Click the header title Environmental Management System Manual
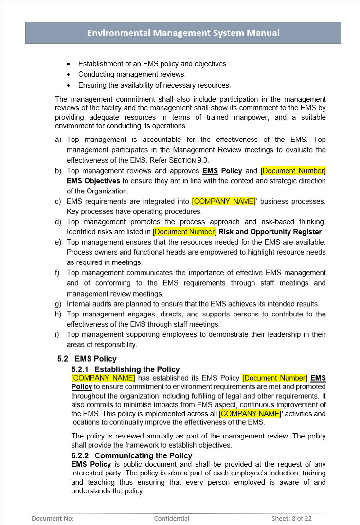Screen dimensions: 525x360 pyautogui.click(x=183, y=33)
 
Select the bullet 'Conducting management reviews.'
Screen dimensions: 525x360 pyautogui.click(x=132, y=74)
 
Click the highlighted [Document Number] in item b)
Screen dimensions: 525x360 pyautogui.click(x=293, y=171)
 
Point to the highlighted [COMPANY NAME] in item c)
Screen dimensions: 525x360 pyautogui.click(x=224, y=201)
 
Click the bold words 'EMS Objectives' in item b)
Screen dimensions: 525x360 pyautogui.click(x=93, y=181)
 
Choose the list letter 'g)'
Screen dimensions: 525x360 pyautogui.click(x=58, y=304)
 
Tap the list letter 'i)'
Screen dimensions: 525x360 pyautogui.click(x=57, y=334)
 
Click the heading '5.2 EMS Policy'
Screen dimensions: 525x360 pyautogui.click(x=87, y=359)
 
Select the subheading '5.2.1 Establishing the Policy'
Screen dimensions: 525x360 pyautogui.click(x=126, y=369)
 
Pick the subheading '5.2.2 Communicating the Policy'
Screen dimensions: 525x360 pyautogui.click(x=131, y=455)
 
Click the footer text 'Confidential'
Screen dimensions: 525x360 pyautogui.click(x=172, y=518)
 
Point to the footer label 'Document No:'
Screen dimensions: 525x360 pyautogui.click(x=53, y=518)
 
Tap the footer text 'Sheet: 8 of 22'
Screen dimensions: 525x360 pyautogui.click(x=291, y=518)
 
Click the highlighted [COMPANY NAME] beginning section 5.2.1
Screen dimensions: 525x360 pyautogui.click(x=103, y=378)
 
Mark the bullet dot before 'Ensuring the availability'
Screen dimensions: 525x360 pyautogui.click(x=68, y=85)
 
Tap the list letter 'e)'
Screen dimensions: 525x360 pyautogui.click(x=58, y=242)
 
